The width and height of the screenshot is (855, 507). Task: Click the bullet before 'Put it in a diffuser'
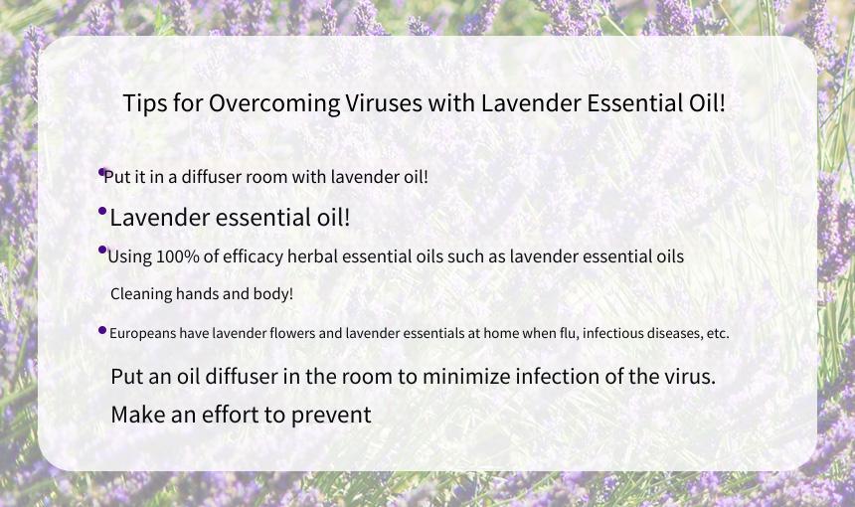pos(102,172)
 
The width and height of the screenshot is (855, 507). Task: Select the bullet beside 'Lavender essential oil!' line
pos(102,211)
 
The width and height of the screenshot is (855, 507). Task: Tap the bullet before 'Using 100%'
pos(102,250)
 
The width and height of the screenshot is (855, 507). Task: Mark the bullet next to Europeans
pos(102,330)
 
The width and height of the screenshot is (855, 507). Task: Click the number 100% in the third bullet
pos(178,256)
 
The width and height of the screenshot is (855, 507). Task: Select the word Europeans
pos(142,333)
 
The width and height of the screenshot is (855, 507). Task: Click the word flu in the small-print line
pos(567,333)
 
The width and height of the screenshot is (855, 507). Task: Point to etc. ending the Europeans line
pos(718,333)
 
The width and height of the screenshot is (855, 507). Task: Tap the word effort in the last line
pos(231,415)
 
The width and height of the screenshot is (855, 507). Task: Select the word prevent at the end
pos(331,416)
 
